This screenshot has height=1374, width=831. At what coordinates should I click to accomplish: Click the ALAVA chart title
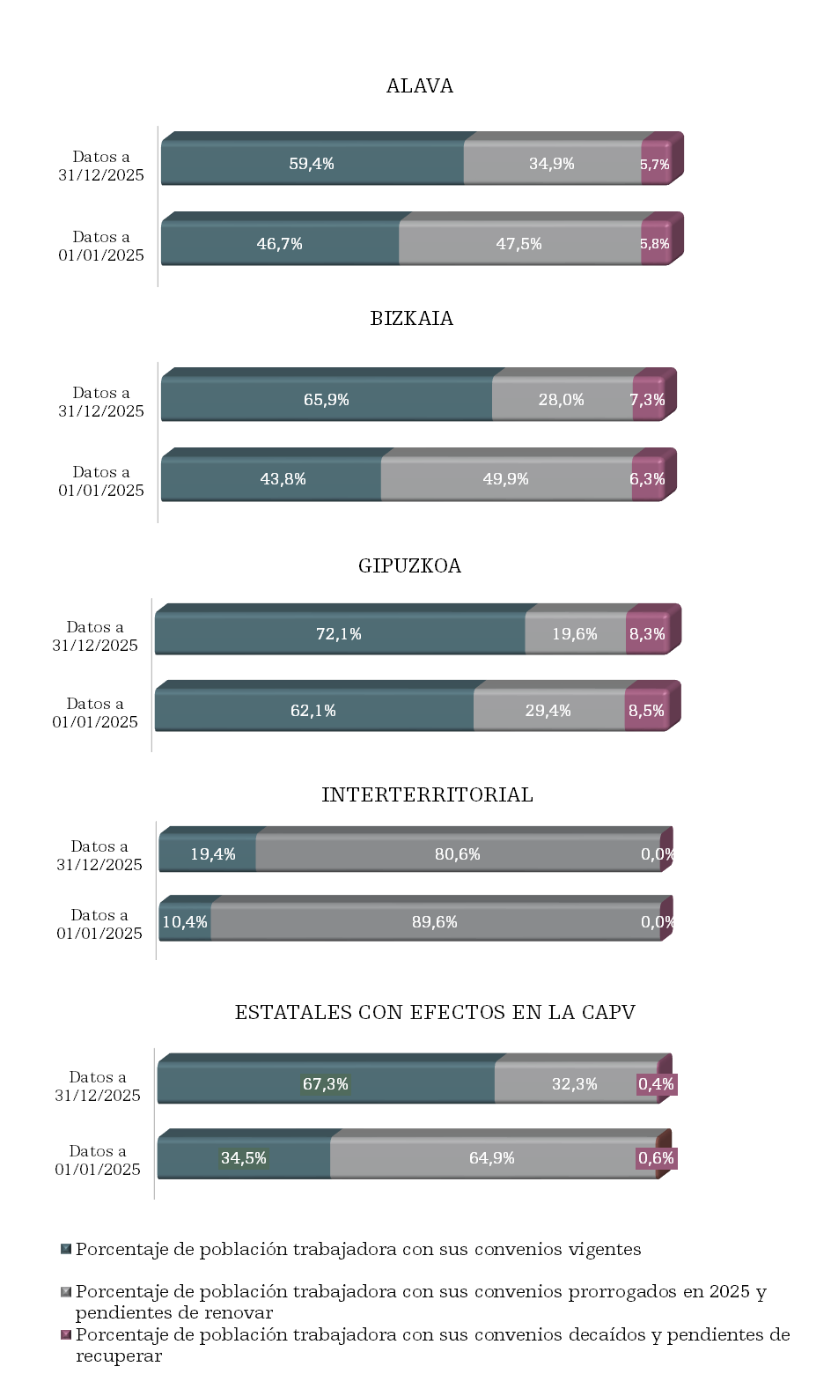point(420,86)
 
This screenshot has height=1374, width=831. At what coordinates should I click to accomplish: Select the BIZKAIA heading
point(412,319)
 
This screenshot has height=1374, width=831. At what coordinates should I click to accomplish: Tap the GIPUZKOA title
point(409,566)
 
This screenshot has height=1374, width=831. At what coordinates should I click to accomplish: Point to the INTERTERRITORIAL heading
point(427,795)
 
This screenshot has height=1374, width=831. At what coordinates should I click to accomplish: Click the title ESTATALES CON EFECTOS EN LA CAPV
point(435,1013)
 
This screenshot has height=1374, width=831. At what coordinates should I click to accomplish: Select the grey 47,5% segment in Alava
point(518,244)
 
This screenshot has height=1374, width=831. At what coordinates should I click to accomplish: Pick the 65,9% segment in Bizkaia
point(326,400)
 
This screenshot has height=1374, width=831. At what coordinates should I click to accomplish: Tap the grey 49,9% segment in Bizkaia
point(505,479)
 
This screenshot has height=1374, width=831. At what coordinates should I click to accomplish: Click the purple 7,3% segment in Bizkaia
point(647,400)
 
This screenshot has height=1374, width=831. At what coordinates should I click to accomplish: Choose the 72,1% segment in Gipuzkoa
point(339,634)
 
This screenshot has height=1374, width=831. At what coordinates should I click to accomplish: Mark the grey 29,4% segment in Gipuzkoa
point(548,711)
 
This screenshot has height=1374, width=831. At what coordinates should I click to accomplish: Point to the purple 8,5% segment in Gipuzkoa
point(646,711)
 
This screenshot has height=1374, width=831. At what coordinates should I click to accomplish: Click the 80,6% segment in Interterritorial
point(457,854)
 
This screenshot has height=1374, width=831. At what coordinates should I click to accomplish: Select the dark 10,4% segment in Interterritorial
point(185,922)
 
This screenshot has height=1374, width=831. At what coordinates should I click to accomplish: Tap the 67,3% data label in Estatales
point(326,1084)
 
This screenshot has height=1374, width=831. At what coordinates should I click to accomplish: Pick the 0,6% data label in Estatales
point(656,1158)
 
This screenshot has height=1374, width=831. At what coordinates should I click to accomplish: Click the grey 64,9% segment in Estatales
point(491,1158)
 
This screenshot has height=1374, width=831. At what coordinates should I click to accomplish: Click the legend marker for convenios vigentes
point(66,1249)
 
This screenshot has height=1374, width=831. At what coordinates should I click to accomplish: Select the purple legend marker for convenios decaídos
point(66,1335)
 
